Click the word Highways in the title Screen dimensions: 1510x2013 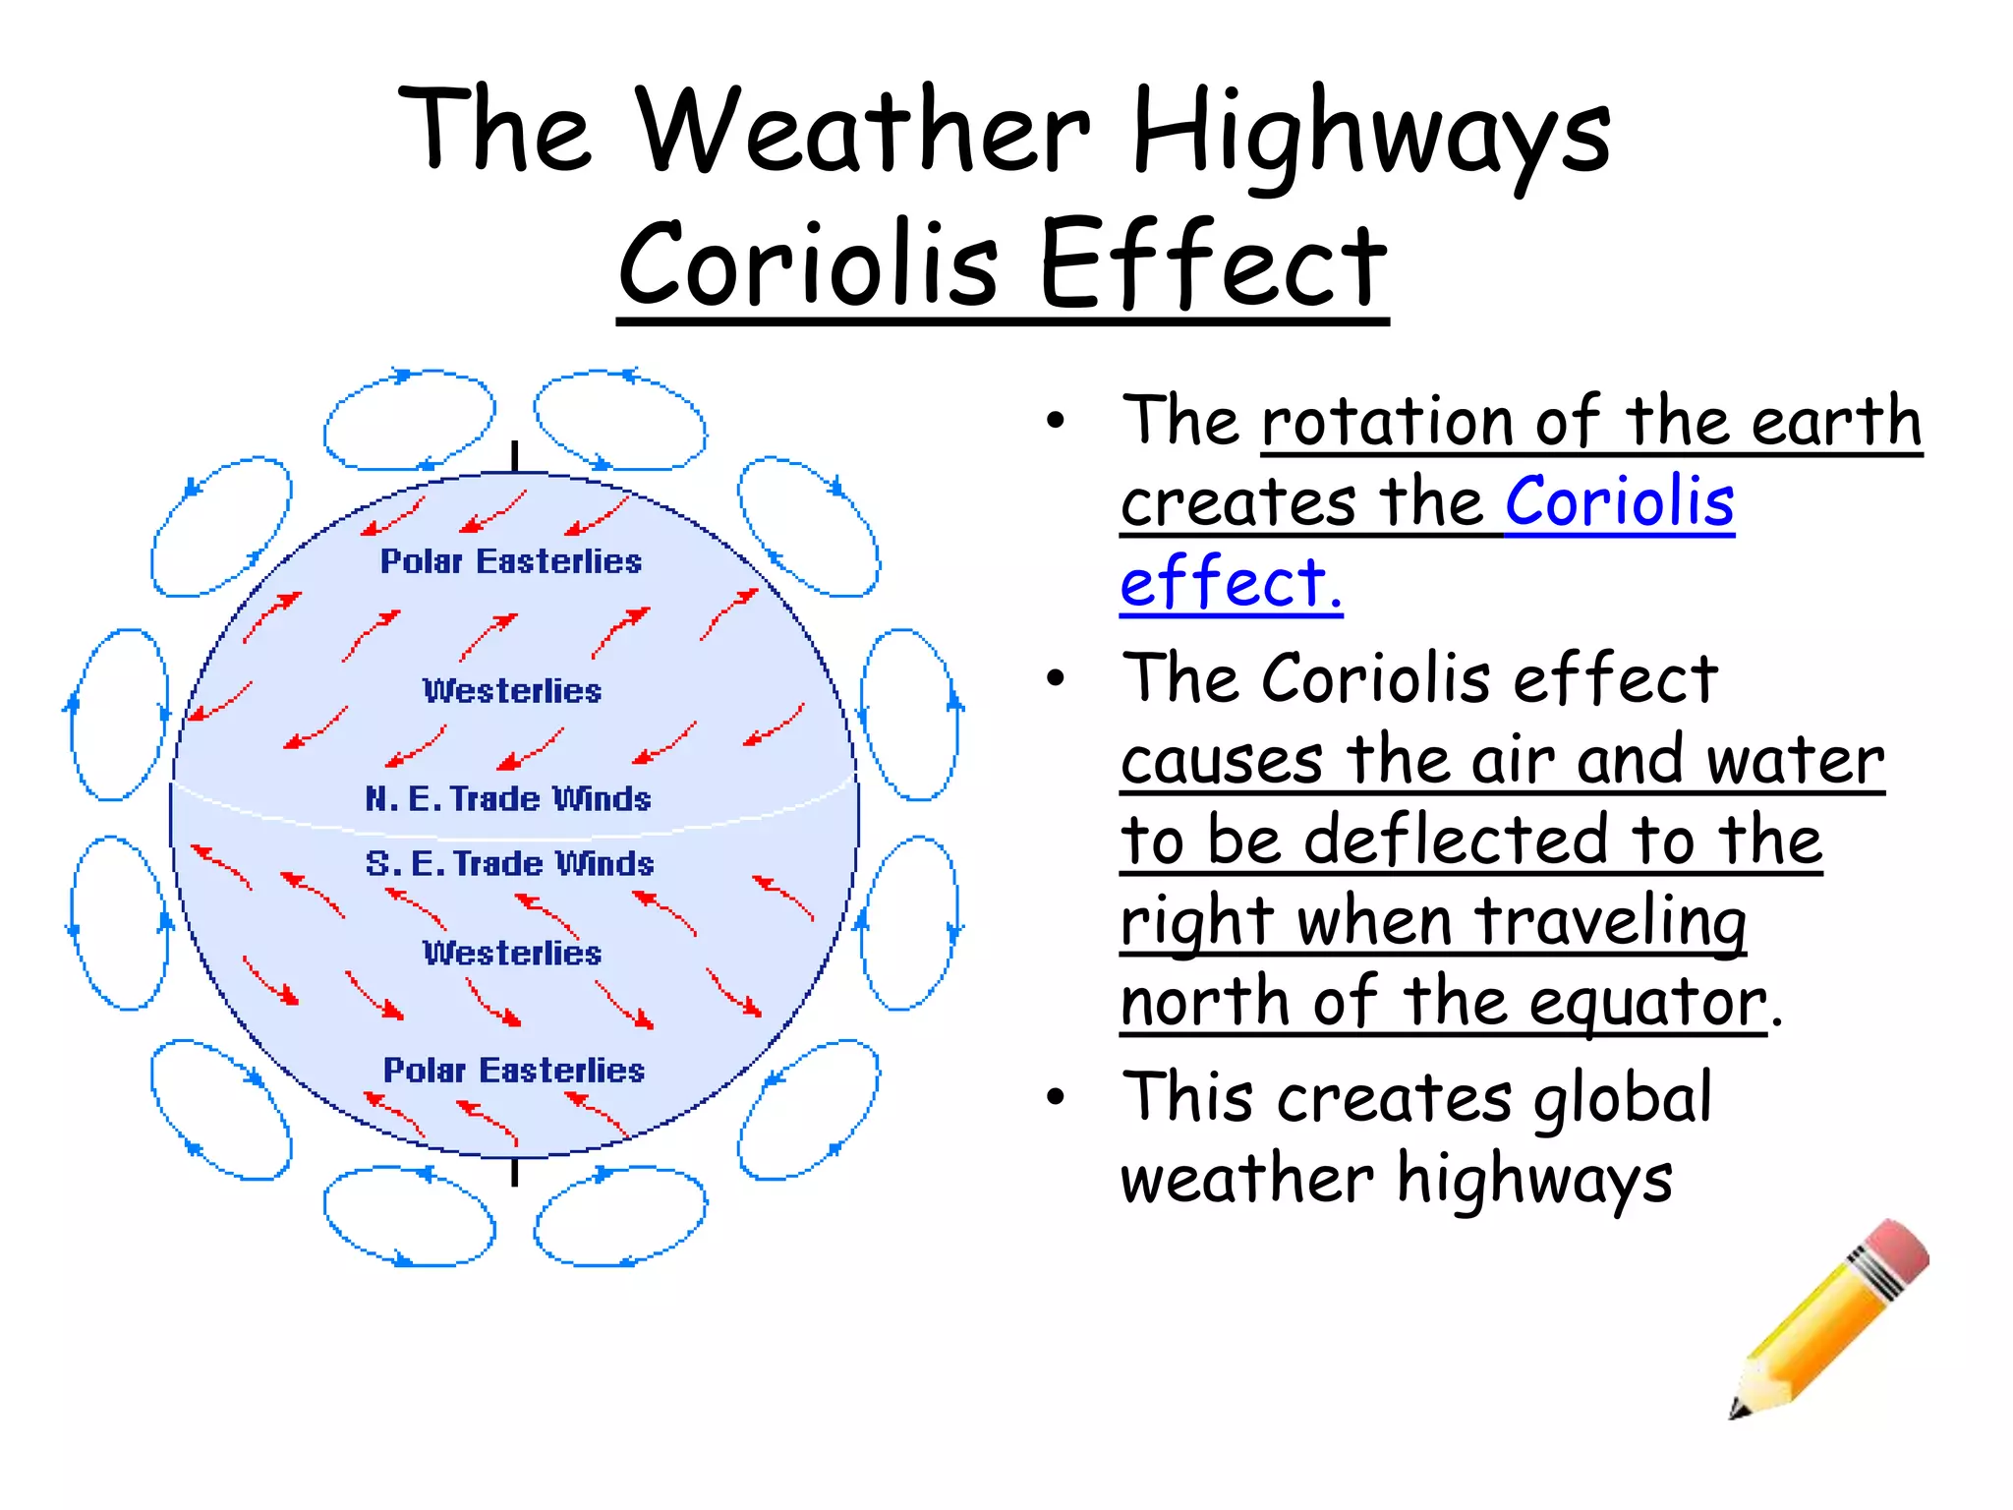(x=1370, y=133)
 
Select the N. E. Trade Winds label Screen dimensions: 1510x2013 (x=508, y=798)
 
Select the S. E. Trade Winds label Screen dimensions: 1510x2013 (x=509, y=863)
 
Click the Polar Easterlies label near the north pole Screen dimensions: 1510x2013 (x=511, y=561)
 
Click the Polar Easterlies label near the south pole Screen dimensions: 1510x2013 (x=513, y=1070)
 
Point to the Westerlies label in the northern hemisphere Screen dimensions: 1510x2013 (x=512, y=691)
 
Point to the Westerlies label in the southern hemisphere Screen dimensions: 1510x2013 (x=512, y=953)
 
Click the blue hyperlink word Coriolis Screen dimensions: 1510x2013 (x=1619, y=501)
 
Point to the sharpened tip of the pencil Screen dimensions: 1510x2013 (x=1738, y=1412)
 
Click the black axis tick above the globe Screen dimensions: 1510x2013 (x=514, y=457)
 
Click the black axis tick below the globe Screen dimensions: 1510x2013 (x=514, y=1172)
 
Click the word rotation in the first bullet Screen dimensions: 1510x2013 (x=1387, y=422)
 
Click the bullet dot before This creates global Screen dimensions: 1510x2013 (x=1056, y=1097)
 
